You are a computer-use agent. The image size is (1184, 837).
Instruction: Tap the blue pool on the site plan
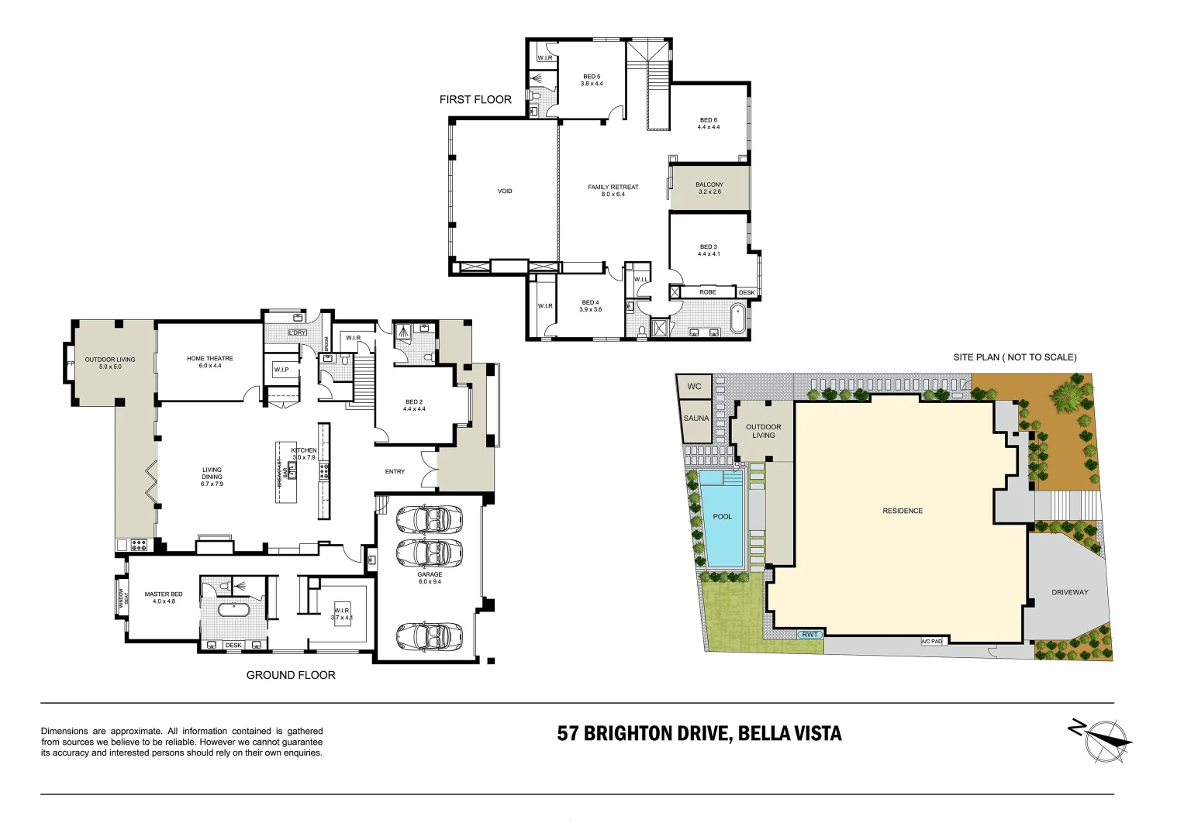[722, 518]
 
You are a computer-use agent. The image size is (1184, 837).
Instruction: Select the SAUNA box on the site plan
[696, 419]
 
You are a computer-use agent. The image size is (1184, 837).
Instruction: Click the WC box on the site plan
[695, 386]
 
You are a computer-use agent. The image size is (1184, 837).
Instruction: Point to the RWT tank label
[810, 635]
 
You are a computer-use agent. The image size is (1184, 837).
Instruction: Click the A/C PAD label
[932, 642]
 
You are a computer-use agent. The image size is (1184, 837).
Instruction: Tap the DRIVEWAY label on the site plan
[1069, 593]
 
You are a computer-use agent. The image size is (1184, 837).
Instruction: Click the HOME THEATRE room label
[209, 362]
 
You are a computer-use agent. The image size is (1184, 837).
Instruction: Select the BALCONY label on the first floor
[709, 188]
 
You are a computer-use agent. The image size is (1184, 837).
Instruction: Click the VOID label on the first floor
[505, 191]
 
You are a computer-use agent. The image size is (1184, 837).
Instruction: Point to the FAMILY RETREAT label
[613, 191]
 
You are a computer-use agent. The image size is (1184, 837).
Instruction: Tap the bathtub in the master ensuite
[233, 610]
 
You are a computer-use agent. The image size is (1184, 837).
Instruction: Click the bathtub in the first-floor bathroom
[738, 318]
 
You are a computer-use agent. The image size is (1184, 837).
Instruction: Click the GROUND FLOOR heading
[291, 676]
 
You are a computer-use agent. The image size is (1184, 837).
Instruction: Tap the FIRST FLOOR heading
[475, 100]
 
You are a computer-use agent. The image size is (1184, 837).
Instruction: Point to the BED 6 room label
[709, 124]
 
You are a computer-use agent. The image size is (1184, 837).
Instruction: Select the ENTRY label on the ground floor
[395, 472]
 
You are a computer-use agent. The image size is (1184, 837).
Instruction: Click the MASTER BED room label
[164, 598]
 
